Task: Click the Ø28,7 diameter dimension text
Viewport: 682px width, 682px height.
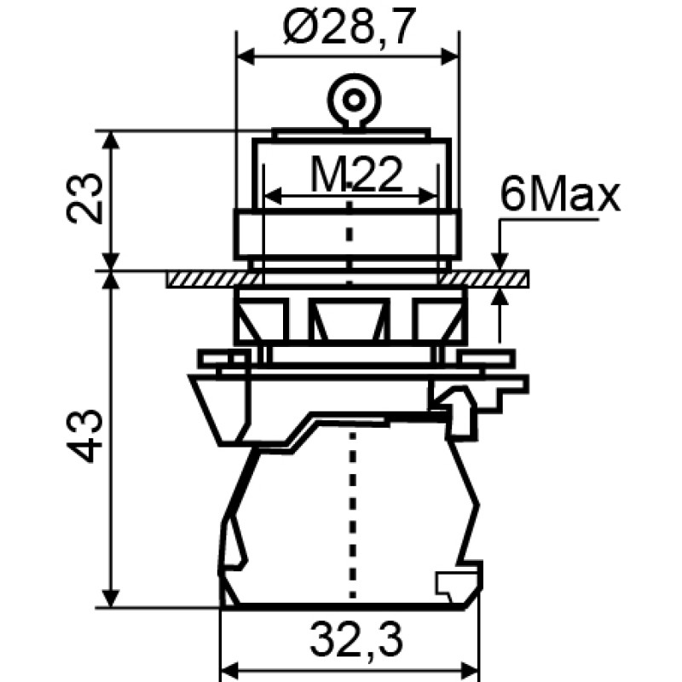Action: pyautogui.click(x=347, y=27)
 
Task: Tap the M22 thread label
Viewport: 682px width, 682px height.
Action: pyautogui.click(x=356, y=176)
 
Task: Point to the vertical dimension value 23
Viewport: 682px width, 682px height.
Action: pyautogui.click(x=85, y=199)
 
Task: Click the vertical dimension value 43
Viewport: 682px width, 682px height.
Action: pyautogui.click(x=85, y=436)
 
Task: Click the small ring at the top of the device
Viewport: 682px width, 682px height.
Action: pyautogui.click(x=354, y=101)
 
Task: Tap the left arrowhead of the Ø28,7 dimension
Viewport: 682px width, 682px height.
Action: pyautogui.click(x=246, y=56)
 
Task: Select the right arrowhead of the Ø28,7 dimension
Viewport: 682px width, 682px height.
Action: pyautogui.click(x=449, y=56)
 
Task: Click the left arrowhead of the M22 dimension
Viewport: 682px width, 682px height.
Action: pyautogui.click(x=274, y=196)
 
